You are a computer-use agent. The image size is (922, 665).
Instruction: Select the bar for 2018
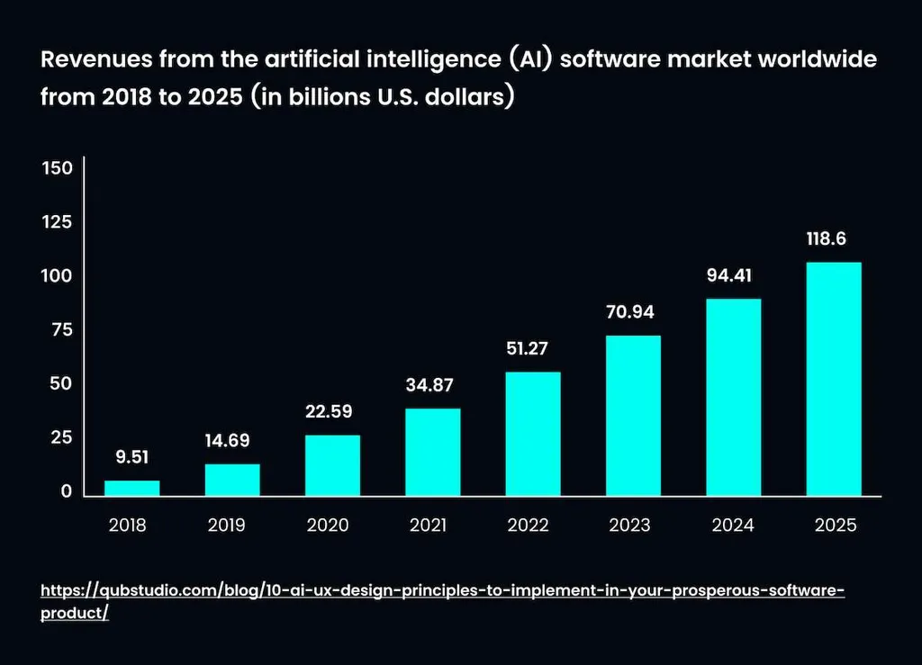pos(131,488)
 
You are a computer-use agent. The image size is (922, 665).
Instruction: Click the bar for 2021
pos(433,452)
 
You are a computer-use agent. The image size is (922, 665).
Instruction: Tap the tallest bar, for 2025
pos(834,379)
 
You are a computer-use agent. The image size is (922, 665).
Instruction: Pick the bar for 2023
pos(633,416)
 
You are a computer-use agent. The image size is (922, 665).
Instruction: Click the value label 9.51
pos(131,457)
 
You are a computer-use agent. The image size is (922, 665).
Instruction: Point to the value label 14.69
pos(227,441)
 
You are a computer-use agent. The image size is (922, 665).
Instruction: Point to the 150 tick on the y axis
pos(57,168)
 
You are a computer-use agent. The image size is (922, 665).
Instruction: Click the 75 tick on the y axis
pos(60,330)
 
